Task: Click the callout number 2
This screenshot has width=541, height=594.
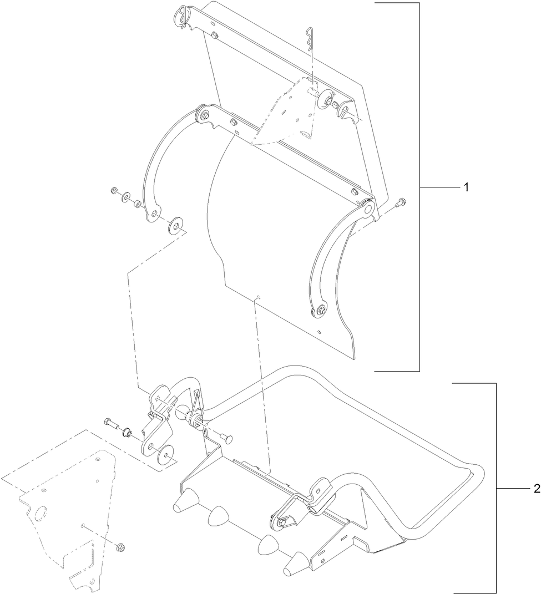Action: point(536,489)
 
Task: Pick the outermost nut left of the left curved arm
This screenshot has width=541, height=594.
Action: point(114,191)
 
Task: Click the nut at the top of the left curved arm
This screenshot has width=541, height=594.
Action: point(205,115)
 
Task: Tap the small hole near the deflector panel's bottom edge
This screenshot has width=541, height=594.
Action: point(318,332)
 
